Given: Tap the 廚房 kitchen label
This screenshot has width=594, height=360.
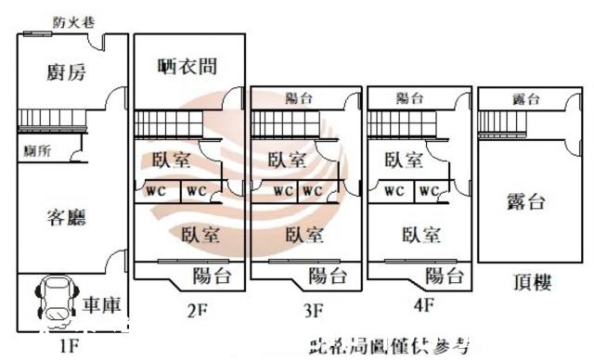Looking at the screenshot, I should pos(66,72).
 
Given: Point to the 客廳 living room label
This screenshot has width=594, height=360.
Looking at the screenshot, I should pos(66,217).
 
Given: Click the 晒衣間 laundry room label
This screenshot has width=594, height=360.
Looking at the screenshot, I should pos(188,67).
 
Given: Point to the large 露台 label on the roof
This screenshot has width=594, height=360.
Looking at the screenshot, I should pos(526,202).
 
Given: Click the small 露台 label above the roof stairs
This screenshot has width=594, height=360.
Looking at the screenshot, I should pos(526,99).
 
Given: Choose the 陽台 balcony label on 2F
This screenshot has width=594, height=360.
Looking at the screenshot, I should pos(212,275).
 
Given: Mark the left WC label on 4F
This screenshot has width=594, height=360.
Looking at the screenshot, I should pos(394,191).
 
